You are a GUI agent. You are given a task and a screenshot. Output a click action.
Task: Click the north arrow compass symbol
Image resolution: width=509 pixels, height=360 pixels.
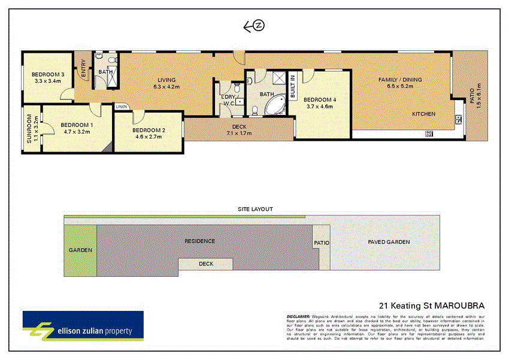254,26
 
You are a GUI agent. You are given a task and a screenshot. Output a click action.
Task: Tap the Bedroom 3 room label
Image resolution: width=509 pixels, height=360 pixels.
48,74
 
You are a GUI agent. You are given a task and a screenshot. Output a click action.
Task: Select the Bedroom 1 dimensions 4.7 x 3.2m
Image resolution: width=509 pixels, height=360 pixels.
76,132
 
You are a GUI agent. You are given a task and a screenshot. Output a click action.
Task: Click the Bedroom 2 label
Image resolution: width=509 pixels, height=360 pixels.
149,130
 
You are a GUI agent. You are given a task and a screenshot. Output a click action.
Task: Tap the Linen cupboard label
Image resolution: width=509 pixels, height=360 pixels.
122,107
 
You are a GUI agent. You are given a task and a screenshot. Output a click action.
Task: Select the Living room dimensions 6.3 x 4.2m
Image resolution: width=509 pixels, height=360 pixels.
166,87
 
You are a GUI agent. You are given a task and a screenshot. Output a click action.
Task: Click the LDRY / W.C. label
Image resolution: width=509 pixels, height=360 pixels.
228,99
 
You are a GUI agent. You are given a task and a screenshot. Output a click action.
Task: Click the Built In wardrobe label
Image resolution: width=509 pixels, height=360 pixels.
293,87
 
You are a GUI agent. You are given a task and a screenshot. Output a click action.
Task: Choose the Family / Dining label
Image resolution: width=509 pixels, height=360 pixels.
400,80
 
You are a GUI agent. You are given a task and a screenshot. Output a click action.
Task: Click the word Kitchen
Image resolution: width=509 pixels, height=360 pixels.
423,114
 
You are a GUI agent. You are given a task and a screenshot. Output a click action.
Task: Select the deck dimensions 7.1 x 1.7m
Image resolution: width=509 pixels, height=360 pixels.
239,133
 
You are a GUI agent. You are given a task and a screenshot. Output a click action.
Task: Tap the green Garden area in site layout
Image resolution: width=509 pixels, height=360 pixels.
80,250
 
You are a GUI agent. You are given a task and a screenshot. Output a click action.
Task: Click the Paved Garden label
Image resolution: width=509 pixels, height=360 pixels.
389,242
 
